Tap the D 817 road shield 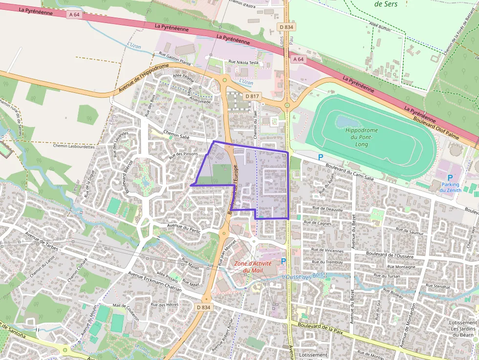(252, 96)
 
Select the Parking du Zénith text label (450, 187)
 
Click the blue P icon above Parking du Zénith (450, 178)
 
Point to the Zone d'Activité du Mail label (253, 267)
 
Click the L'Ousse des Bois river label (303, 276)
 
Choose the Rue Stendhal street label (438, 285)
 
